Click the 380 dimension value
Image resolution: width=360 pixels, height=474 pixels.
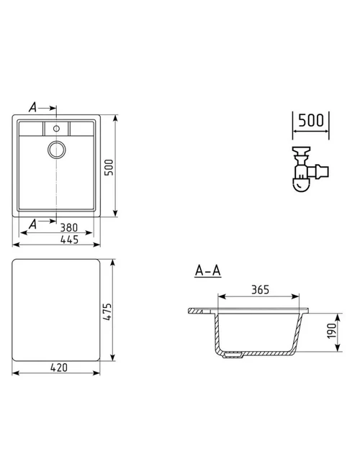click(68, 227)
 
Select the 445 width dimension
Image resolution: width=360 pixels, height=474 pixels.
click(69, 240)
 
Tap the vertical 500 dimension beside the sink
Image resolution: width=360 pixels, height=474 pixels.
click(109, 167)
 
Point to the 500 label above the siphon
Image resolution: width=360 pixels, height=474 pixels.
click(311, 120)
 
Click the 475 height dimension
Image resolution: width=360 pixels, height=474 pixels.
click(107, 311)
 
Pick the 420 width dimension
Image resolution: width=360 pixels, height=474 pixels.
click(59, 368)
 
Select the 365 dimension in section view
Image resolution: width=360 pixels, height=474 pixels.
click(260, 290)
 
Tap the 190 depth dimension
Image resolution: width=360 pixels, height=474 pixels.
click(332, 331)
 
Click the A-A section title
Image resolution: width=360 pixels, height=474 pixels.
click(208, 270)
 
